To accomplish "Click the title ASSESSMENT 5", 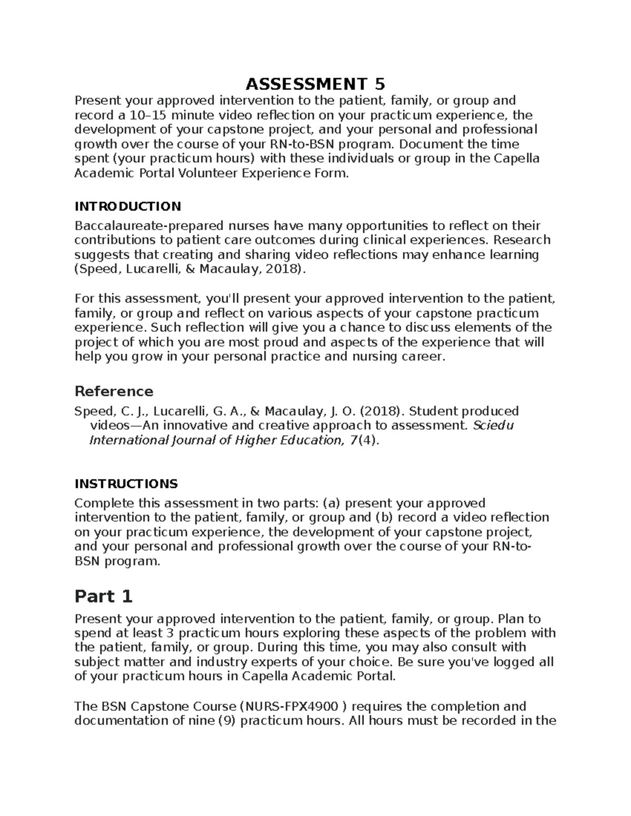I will (315, 84).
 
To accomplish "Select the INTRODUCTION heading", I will (128, 206).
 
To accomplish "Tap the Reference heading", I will (114, 391).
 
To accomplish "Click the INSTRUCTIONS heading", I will (126, 483).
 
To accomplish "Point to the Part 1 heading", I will (104, 596).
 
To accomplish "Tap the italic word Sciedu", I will (493, 425).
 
